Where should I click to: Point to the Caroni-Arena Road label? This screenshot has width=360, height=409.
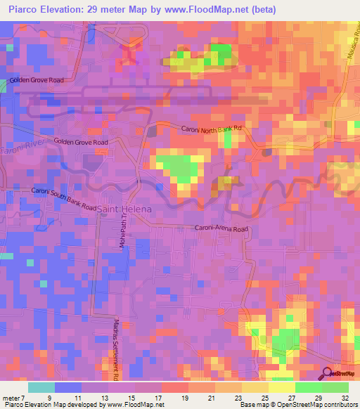coord(221,228)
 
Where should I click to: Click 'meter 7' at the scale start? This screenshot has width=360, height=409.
coord(15,398)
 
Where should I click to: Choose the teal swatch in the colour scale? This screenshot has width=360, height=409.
coord(41,387)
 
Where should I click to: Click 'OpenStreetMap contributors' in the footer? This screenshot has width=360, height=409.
coord(317,405)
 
